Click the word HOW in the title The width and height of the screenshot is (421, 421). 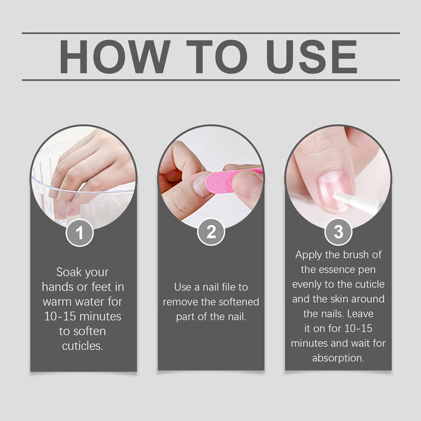pyautogui.click(x=115, y=57)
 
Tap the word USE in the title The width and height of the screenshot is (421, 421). pyautogui.click(x=312, y=57)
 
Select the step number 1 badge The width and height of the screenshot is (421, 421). pyautogui.click(x=79, y=233)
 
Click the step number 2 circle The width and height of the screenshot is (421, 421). pyautogui.click(x=211, y=232)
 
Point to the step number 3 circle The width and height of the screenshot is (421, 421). pyautogui.click(x=338, y=232)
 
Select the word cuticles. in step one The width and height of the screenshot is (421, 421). pyautogui.click(x=83, y=346)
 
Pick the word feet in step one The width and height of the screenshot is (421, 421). pyautogui.click(x=102, y=287)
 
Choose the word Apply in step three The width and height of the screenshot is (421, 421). pyautogui.click(x=309, y=255)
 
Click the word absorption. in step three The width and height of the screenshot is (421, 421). pyautogui.click(x=338, y=358)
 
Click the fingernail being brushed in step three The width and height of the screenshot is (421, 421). pyautogui.click(x=334, y=192)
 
